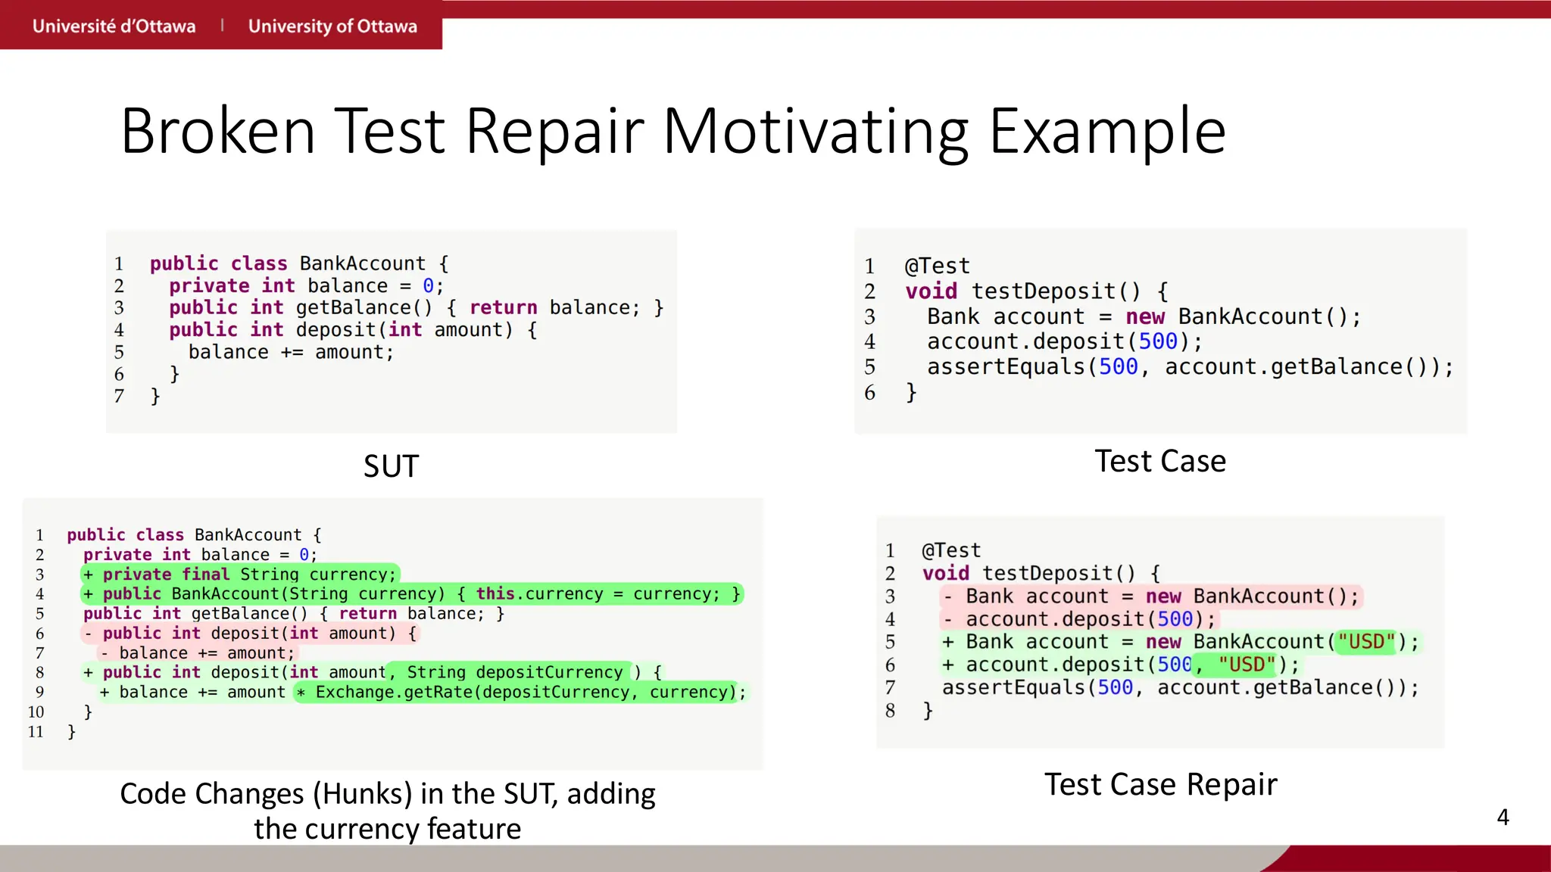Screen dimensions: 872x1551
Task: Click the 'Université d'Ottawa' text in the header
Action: point(114,26)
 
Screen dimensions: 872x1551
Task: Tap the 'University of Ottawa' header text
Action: point(332,26)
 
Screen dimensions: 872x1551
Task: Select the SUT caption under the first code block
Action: point(391,466)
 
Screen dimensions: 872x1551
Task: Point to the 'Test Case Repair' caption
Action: point(1160,784)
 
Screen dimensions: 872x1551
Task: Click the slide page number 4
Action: point(1503,817)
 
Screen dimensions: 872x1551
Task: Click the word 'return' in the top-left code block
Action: point(503,308)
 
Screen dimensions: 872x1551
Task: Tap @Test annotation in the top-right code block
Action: point(937,266)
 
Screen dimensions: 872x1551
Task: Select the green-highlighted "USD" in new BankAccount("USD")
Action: point(1365,642)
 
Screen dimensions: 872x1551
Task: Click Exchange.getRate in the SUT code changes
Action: point(394,692)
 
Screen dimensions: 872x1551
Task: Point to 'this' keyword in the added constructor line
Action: point(495,593)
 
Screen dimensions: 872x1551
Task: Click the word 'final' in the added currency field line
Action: point(205,574)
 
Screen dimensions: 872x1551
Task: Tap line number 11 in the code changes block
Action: point(36,732)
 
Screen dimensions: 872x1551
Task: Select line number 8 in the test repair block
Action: point(890,711)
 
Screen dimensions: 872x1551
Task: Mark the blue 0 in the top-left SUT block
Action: point(428,286)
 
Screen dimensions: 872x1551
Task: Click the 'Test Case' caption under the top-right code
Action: point(1159,461)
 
